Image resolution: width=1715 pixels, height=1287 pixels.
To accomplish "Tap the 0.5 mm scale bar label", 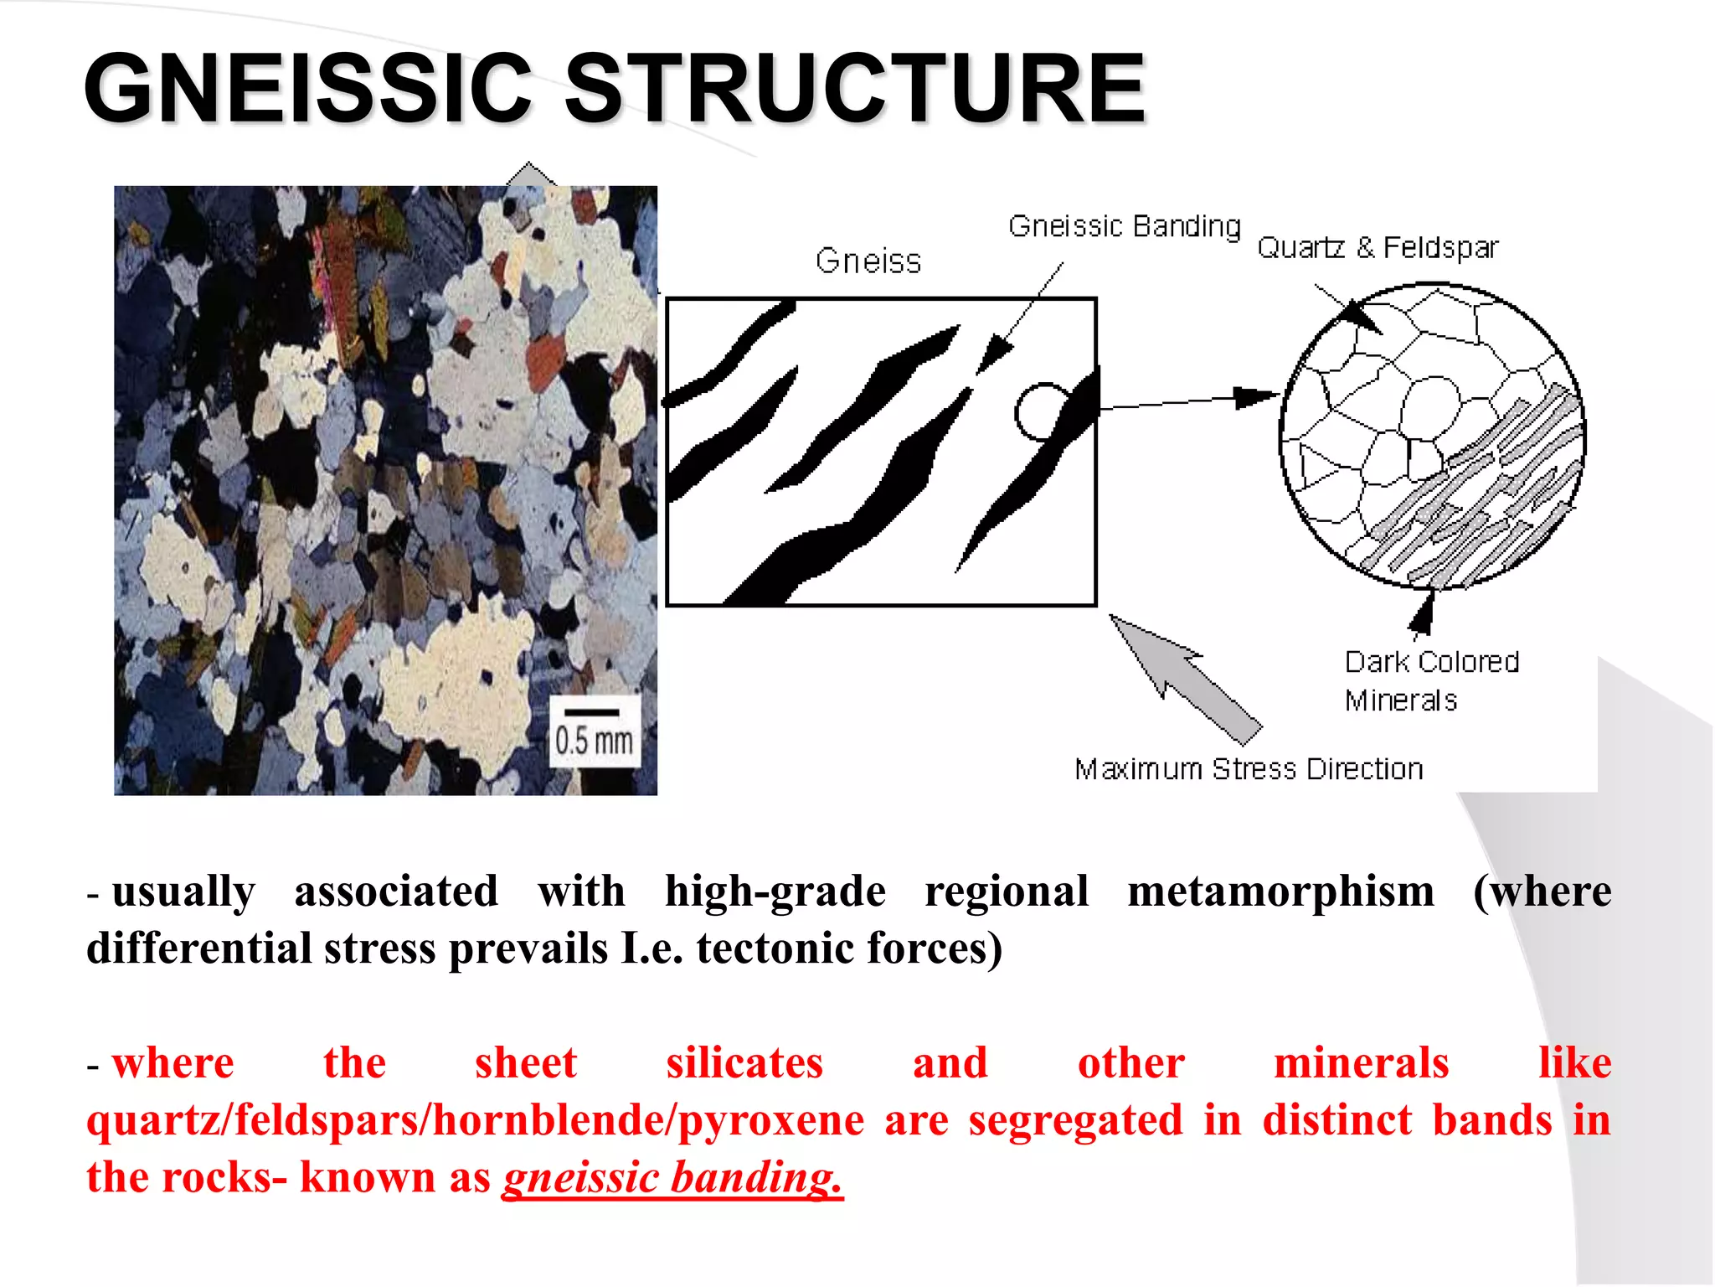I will click(594, 740).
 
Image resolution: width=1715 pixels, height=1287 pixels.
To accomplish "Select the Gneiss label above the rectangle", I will click(868, 261).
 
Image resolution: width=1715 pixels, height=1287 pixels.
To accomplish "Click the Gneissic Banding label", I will click(1124, 226).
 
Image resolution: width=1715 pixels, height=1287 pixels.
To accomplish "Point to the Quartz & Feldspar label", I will click(1378, 248).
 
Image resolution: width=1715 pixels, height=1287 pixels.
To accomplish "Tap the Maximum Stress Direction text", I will click(1249, 769).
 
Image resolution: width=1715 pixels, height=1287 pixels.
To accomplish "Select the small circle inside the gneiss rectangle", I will click(1041, 411).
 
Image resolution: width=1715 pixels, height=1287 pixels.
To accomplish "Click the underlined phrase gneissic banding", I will click(672, 1177).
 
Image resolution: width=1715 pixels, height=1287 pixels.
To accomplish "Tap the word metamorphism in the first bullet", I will click(1280, 891).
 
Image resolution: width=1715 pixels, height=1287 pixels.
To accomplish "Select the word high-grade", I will click(775, 891).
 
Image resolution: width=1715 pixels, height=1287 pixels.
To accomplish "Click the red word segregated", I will click(1075, 1120).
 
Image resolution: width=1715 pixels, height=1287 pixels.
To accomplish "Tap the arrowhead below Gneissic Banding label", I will click(994, 352).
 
